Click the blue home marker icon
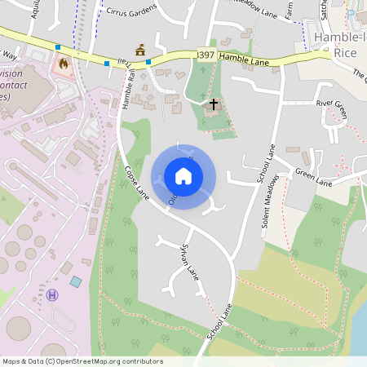183,175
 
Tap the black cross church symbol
214,104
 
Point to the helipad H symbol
54,294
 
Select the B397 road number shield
206,55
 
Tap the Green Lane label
314,177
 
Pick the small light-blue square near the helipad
76,281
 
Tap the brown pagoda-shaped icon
140,50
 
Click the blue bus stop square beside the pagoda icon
148,61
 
